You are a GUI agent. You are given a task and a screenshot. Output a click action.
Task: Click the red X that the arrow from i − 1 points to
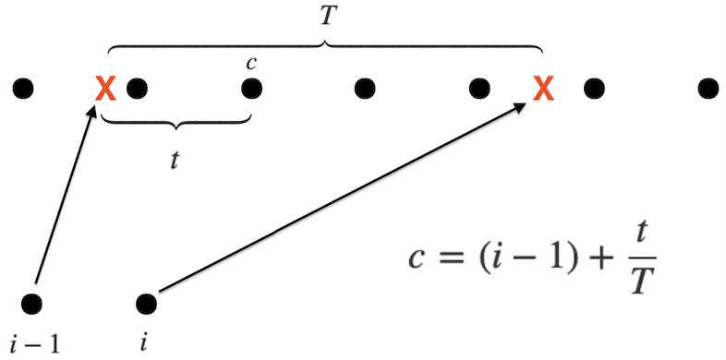pyautogui.click(x=105, y=89)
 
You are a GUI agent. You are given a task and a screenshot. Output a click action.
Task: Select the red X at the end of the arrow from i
pyautogui.click(x=544, y=89)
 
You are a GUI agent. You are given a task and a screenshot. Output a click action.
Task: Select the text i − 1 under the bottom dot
pyautogui.click(x=34, y=343)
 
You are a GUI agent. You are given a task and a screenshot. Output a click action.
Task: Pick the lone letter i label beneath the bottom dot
pyautogui.click(x=143, y=343)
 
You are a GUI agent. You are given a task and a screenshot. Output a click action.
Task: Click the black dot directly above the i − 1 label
pyautogui.click(x=33, y=302)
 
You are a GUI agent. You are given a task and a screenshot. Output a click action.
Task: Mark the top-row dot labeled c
pyautogui.click(x=251, y=89)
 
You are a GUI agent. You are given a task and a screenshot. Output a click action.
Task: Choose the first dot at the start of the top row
pyautogui.click(x=24, y=89)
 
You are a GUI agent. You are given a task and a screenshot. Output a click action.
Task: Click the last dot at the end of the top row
pyautogui.click(x=707, y=89)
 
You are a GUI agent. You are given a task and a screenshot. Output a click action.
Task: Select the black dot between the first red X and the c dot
pyautogui.click(x=138, y=89)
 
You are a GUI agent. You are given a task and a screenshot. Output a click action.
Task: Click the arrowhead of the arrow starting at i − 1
pyautogui.click(x=93, y=110)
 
